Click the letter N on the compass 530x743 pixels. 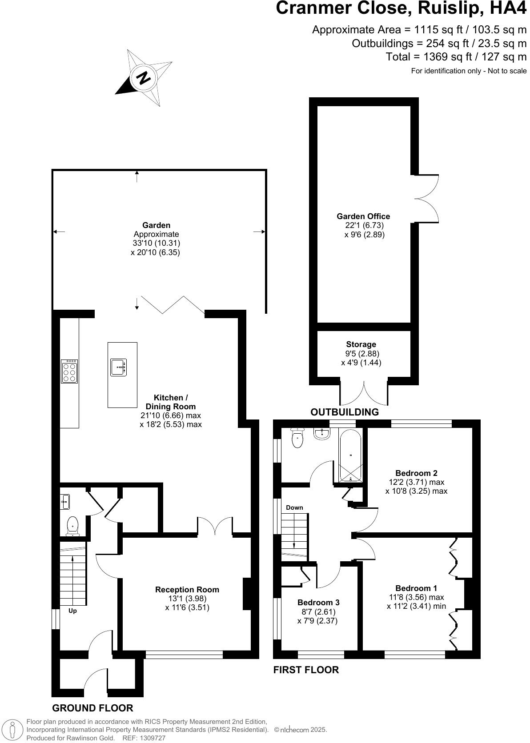click(x=143, y=78)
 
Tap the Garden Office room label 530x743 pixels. click(x=363, y=216)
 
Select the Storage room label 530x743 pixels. click(x=361, y=344)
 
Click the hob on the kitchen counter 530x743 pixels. click(x=70, y=371)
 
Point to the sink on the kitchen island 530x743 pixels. click(x=118, y=367)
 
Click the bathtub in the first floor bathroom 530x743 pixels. click(x=351, y=455)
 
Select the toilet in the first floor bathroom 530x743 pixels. click(x=297, y=439)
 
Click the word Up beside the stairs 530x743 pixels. click(x=72, y=611)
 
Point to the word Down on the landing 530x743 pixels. click(x=294, y=507)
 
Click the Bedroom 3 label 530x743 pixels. click(x=318, y=603)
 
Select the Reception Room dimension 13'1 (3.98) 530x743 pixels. click(x=187, y=599)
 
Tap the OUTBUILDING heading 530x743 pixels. click(x=345, y=412)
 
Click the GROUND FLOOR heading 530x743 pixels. click(x=92, y=708)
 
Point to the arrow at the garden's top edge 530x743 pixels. click(x=137, y=176)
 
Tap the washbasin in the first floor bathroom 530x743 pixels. click(x=322, y=433)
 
